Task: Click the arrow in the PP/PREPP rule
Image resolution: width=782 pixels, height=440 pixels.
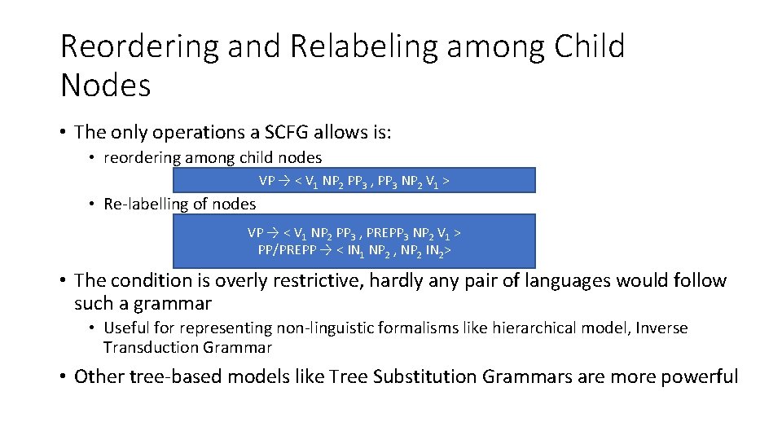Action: coord(324,249)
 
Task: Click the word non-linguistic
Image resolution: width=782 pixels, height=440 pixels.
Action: coord(297,328)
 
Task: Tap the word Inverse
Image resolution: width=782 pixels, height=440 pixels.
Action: coord(661,328)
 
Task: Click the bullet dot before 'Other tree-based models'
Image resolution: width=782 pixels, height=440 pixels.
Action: coord(63,377)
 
